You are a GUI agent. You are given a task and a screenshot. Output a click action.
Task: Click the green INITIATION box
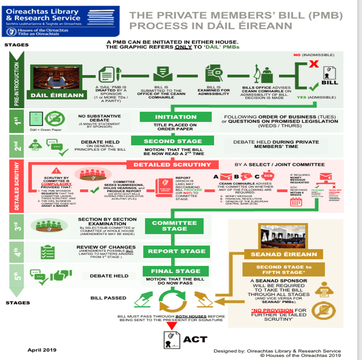click(176, 117)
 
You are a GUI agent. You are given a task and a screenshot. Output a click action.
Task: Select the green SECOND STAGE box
click(172, 141)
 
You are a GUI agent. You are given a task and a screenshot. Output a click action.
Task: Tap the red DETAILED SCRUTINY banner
click(175, 165)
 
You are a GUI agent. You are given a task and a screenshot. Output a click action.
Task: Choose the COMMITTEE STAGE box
click(174, 226)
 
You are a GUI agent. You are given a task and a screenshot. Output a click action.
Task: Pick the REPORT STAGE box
click(177, 251)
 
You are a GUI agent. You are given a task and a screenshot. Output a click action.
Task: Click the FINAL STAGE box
click(175, 271)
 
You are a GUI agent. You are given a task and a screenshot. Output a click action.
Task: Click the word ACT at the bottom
click(195, 339)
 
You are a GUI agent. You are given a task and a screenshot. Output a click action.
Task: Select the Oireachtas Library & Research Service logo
click(62, 21)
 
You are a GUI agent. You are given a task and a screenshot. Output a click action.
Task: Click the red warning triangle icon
click(57, 171)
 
